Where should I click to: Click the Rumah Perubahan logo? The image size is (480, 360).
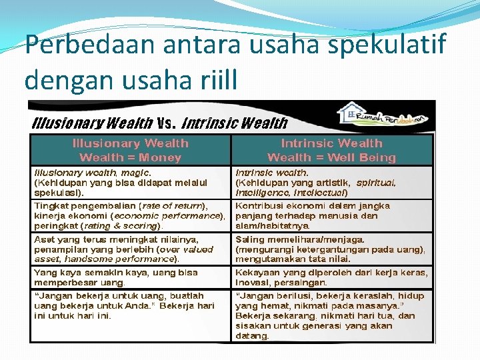pyautogui.click(x=383, y=115)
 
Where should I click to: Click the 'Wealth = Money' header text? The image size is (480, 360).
pyautogui.click(x=130, y=157)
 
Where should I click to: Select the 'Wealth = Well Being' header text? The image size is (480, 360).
pyautogui.click(x=331, y=157)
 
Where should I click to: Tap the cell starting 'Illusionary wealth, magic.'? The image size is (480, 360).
pyautogui.click(x=130, y=182)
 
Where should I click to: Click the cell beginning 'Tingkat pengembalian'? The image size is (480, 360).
pyautogui.click(x=130, y=215)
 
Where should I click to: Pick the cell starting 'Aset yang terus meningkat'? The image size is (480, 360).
pyautogui.click(x=130, y=249)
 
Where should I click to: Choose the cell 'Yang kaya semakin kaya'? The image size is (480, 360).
pyautogui.click(x=130, y=277)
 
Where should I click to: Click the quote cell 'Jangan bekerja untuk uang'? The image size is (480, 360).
pyautogui.click(x=130, y=305)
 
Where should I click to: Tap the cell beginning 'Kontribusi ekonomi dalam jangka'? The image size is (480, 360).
pyautogui.click(x=331, y=215)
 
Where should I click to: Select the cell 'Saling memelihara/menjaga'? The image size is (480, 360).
pyautogui.click(x=331, y=249)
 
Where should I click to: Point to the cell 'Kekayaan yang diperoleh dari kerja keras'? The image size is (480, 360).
pyautogui.click(x=331, y=277)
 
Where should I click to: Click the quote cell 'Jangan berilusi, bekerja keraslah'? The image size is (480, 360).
pyautogui.click(x=331, y=315)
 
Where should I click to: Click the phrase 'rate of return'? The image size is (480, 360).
pyautogui.click(x=173, y=205)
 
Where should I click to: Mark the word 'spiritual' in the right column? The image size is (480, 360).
pyautogui.click(x=376, y=182)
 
